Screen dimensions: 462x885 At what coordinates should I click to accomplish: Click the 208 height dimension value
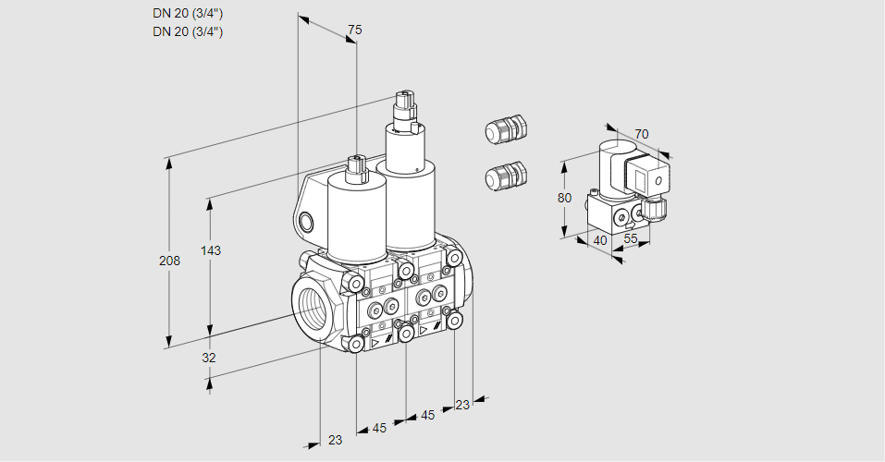[169, 261]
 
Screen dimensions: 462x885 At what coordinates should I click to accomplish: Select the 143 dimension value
[213, 250]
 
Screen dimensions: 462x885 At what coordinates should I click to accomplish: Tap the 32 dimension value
[209, 358]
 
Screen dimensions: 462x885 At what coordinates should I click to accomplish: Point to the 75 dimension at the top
[354, 30]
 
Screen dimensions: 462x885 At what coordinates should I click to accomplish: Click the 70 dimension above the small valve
[642, 134]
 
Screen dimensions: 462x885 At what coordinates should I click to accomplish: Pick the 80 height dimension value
[566, 198]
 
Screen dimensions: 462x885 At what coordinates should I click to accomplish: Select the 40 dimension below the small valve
[599, 241]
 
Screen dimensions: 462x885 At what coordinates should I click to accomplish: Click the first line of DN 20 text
[188, 13]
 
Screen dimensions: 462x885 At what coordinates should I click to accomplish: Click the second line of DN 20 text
[188, 31]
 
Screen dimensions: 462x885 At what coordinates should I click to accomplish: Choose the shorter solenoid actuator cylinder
[357, 217]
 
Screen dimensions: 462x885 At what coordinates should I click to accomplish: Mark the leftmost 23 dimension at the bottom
[335, 440]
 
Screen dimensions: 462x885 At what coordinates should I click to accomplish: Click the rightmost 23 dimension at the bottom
[462, 405]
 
